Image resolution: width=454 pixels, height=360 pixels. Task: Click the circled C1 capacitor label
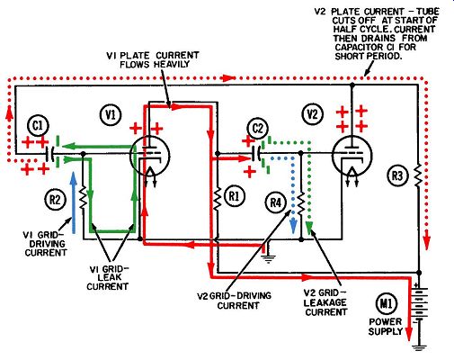click(38, 126)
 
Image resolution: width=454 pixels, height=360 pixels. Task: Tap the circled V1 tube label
click(111, 114)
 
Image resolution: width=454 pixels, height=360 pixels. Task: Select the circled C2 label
click(257, 129)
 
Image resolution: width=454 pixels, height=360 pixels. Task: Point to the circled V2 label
click(313, 114)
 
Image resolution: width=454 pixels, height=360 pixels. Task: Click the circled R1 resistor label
click(234, 196)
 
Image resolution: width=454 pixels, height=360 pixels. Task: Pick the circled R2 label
click(55, 200)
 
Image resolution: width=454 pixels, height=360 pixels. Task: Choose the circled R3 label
click(397, 175)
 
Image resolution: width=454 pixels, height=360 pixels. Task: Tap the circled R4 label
click(276, 202)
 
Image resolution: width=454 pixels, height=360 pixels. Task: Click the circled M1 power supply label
click(386, 304)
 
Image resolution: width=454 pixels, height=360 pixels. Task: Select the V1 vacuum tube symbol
click(150, 156)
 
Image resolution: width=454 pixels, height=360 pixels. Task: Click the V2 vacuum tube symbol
click(352, 156)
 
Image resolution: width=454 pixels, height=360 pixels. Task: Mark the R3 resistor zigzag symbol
click(419, 175)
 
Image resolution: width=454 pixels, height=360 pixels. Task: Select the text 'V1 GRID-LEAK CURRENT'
click(107, 278)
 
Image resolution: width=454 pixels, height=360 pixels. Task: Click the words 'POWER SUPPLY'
click(386, 327)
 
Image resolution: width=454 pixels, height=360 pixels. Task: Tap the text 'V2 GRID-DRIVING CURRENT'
click(235, 301)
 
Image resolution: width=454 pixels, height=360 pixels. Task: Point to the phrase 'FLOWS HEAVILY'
click(155, 64)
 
